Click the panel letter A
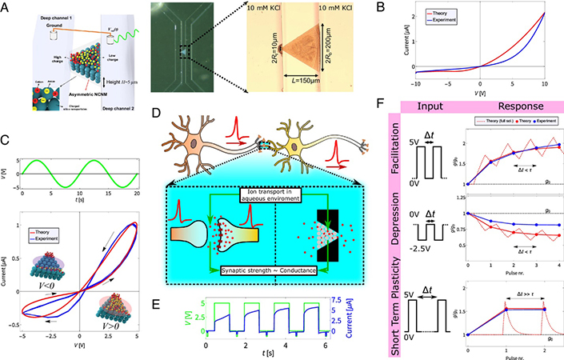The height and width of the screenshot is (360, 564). [7, 7]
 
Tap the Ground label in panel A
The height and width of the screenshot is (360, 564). [30, 28]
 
